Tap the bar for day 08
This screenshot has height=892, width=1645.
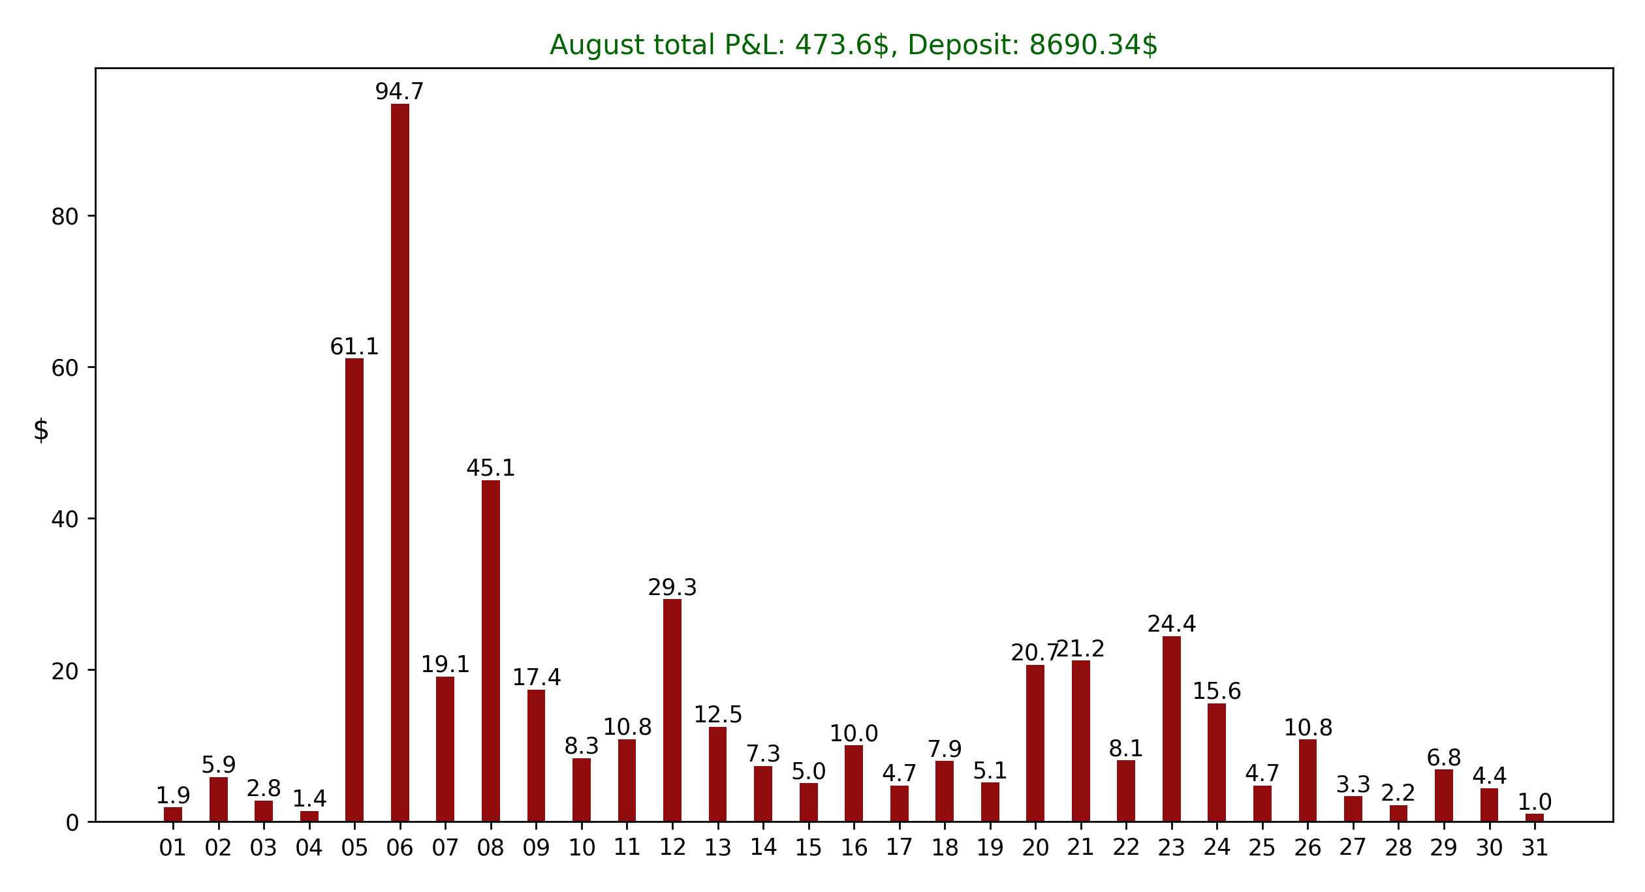coord(491,651)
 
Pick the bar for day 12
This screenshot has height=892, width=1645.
coord(672,710)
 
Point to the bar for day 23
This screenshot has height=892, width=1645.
coord(1172,728)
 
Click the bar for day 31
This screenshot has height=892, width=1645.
coord(1535,818)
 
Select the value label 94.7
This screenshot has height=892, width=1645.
coord(399,92)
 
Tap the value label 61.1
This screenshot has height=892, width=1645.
coord(354,347)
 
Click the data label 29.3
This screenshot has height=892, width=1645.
coord(672,588)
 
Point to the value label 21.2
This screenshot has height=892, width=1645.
coord(1081,649)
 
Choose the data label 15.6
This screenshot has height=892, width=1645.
coord(1217,692)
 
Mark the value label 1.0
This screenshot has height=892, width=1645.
coord(1535,803)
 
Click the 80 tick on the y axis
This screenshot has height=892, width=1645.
coord(65,217)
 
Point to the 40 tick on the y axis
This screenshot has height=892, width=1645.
coord(65,519)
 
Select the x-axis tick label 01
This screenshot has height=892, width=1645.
coord(173,848)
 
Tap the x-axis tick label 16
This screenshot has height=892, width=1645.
coord(854,848)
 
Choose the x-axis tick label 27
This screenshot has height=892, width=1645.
coord(1353,848)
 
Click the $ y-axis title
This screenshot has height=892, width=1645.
coord(41,431)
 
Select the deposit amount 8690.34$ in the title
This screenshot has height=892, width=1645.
coord(1093,46)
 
